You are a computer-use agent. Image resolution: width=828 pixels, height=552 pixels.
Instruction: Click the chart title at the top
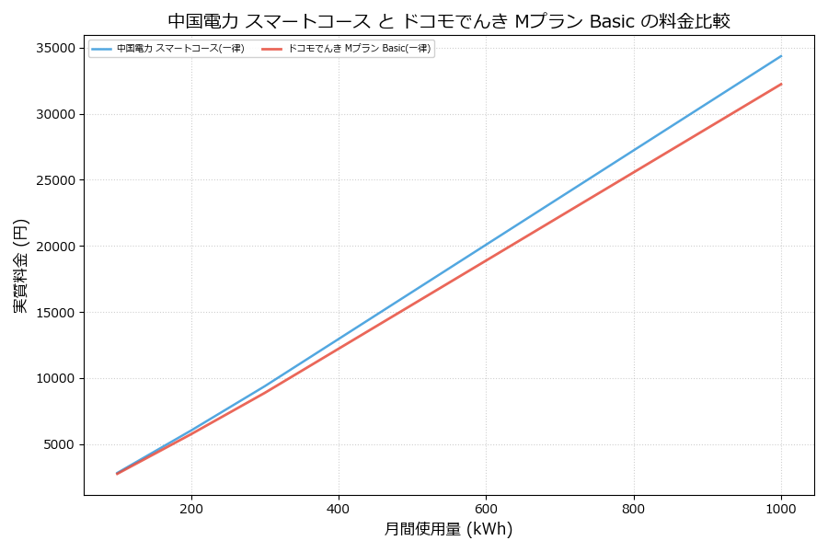point(449,20)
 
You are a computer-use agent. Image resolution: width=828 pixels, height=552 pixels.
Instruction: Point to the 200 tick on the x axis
point(191,508)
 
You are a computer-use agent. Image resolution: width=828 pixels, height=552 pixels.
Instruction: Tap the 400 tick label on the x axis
point(339,508)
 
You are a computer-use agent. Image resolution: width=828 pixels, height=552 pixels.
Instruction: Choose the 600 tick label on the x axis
point(486,508)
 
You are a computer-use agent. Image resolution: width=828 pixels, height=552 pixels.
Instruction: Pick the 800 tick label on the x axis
point(634,508)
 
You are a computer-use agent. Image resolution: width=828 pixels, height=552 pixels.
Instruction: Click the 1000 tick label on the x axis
point(781,508)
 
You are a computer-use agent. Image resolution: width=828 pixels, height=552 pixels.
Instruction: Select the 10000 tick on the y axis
point(57,378)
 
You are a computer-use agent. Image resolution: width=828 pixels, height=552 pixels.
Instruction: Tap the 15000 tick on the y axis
point(57,312)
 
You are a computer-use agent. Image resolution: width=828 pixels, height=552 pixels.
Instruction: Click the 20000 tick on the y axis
point(57,247)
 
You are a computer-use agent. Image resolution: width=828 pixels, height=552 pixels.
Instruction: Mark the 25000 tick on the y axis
point(57,180)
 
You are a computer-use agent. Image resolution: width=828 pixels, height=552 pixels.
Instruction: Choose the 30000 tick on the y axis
point(57,114)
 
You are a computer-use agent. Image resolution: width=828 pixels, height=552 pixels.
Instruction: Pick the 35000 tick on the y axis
point(57,48)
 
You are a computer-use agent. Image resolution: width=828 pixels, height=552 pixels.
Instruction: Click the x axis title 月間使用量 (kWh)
point(448,530)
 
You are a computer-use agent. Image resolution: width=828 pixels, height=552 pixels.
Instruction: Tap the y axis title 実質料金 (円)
point(20,266)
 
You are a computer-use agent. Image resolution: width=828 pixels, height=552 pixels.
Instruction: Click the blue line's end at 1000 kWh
point(781,56)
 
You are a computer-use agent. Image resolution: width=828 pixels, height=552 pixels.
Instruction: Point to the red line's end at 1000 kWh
point(781,84)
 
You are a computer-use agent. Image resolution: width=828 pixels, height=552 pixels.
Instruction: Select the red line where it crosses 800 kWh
point(634,172)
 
